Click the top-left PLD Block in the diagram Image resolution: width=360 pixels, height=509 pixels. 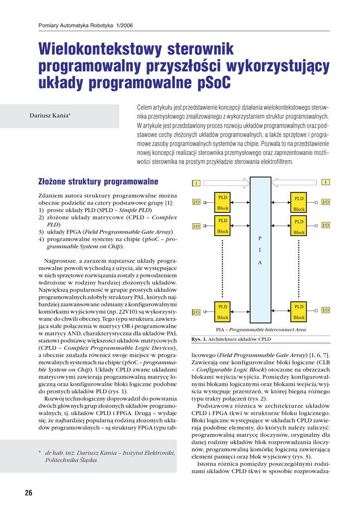[x=223, y=202]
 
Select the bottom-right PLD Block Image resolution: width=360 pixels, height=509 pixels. [x=299, y=312]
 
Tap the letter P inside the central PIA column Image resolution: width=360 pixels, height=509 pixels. [x=259, y=239]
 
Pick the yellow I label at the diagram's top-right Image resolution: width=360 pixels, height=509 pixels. [x=326, y=182]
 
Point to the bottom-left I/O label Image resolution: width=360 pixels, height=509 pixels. [x=196, y=312]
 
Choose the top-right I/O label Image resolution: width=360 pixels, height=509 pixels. [x=326, y=202]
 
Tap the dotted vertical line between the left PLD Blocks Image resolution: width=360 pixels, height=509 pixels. [x=223, y=268]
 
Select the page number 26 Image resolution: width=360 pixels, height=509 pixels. [x=28, y=493]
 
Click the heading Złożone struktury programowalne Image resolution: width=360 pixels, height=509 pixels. [x=98, y=181]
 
